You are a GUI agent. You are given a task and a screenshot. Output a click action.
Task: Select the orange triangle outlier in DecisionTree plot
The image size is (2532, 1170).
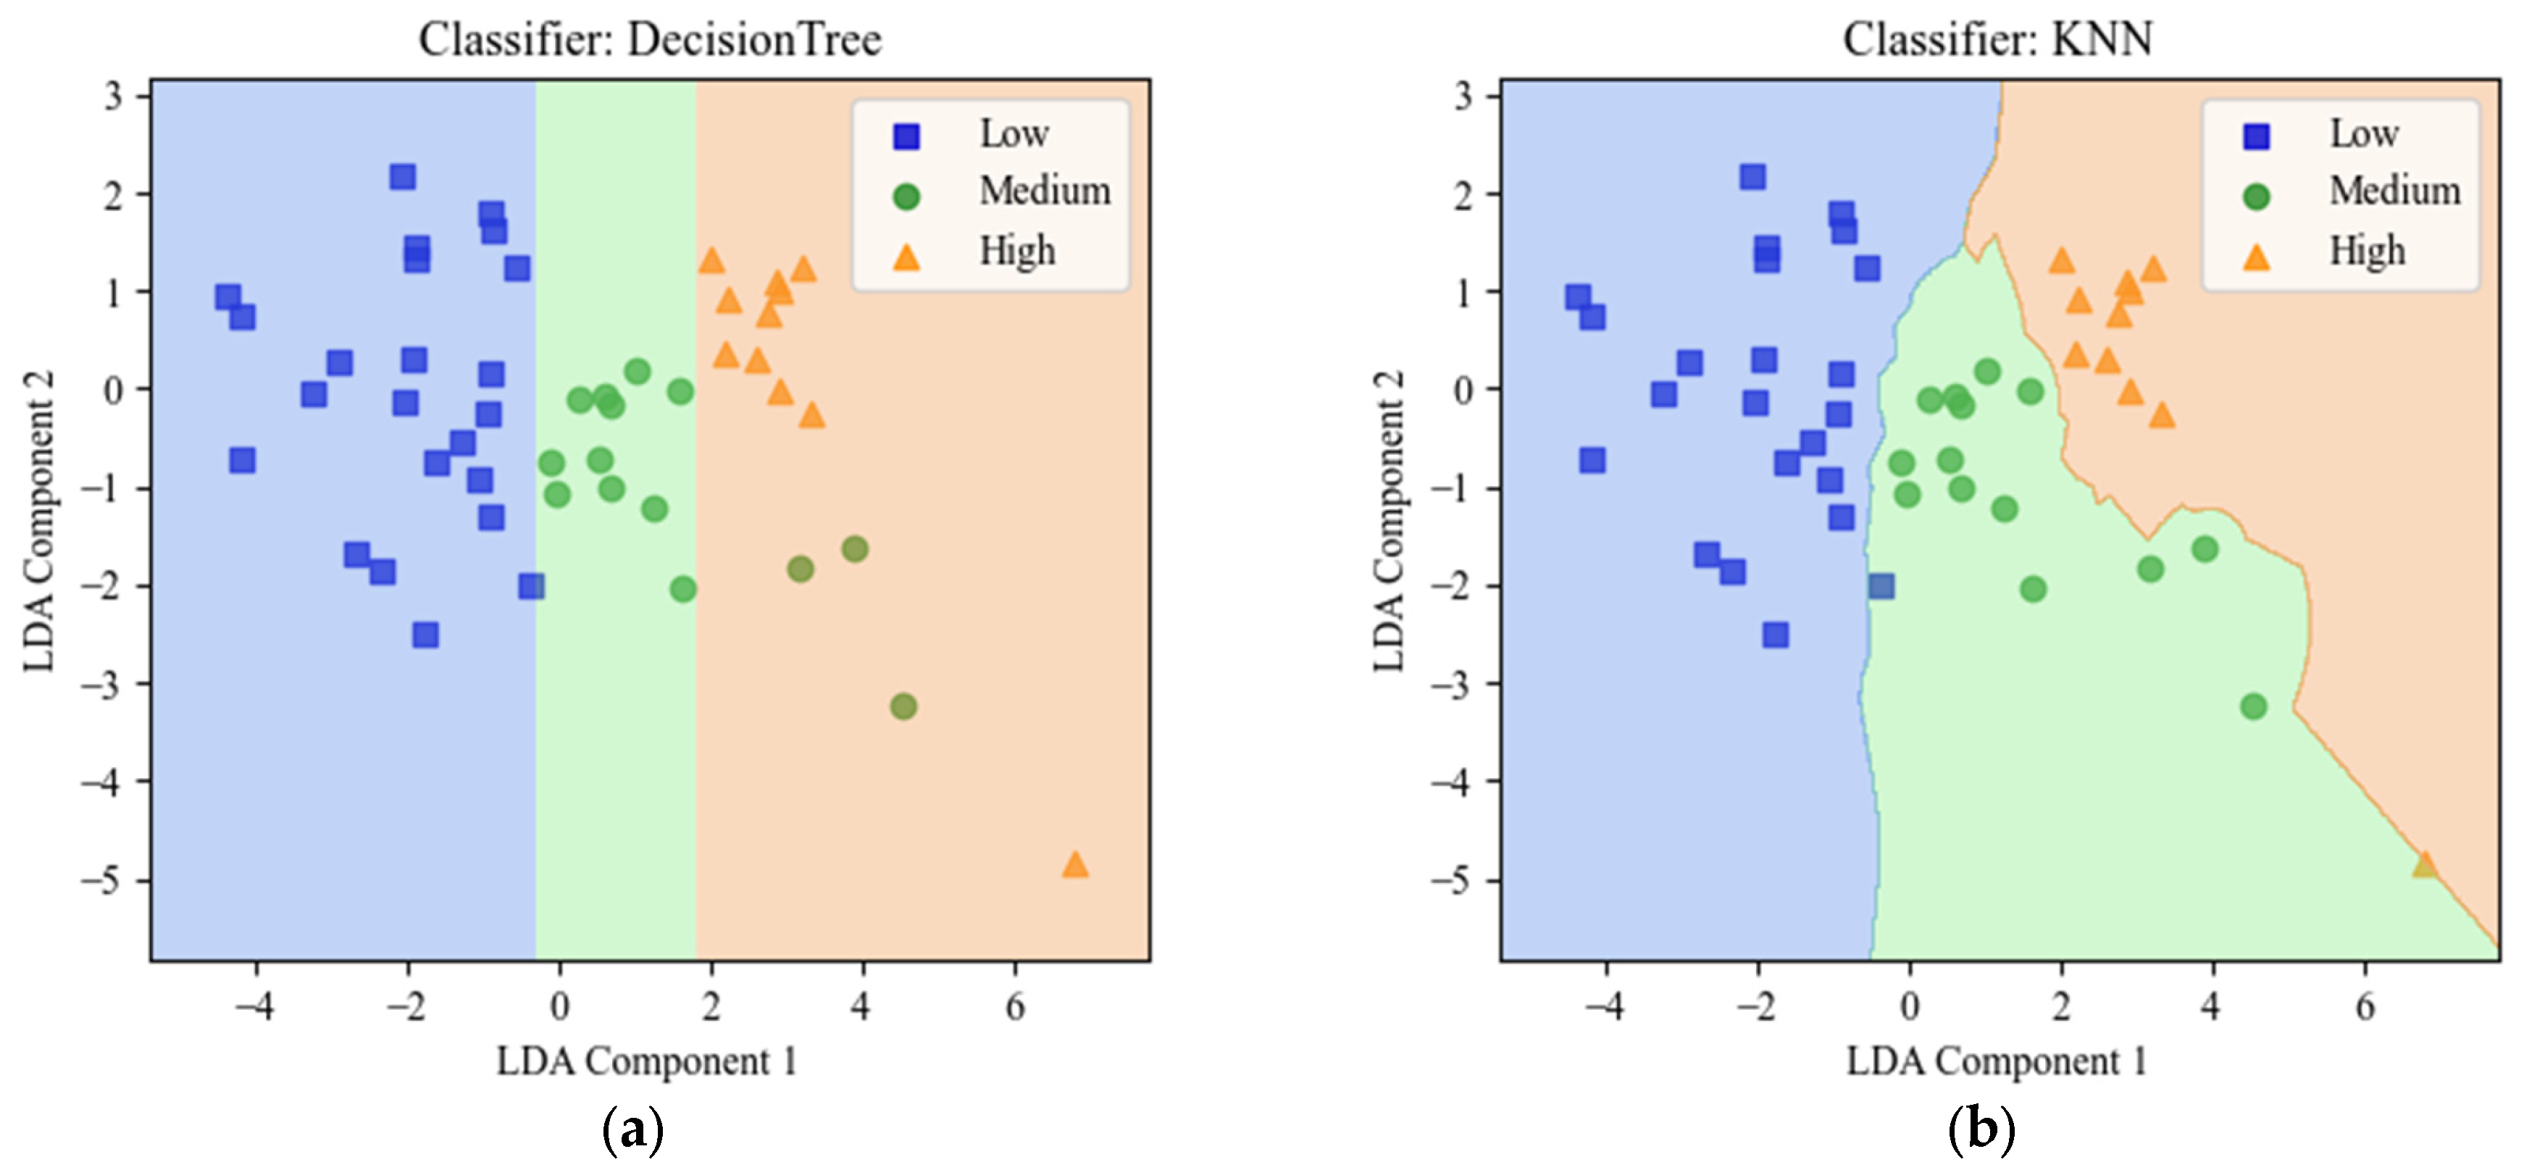(1074, 865)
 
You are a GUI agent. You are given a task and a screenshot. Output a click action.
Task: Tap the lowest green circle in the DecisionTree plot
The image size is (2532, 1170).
(903, 706)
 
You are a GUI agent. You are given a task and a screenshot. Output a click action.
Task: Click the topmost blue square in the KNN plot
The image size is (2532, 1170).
(1752, 177)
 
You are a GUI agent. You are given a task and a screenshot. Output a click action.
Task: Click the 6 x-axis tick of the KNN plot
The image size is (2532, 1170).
(2364, 1007)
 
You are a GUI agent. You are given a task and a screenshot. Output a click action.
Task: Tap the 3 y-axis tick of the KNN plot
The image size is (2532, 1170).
(1463, 96)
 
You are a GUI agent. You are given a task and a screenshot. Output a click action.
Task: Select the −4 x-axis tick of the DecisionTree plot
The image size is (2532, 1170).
(254, 1007)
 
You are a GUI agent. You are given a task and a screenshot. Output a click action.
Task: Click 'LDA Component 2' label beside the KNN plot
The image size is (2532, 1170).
(1389, 521)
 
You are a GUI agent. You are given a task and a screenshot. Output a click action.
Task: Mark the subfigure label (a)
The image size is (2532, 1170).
(632, 1131)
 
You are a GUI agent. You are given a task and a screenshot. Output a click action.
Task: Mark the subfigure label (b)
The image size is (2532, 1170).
(1981, 1131)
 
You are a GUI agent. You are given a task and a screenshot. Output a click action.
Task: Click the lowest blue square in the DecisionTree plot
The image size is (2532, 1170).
(425, 635)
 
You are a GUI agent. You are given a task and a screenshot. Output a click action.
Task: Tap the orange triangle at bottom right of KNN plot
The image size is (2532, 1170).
(2424, 865)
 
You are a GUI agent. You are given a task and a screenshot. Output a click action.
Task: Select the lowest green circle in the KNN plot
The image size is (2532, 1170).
(2253, 706)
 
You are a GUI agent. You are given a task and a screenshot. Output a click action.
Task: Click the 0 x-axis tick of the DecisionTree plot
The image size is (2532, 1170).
(559, 1007)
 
